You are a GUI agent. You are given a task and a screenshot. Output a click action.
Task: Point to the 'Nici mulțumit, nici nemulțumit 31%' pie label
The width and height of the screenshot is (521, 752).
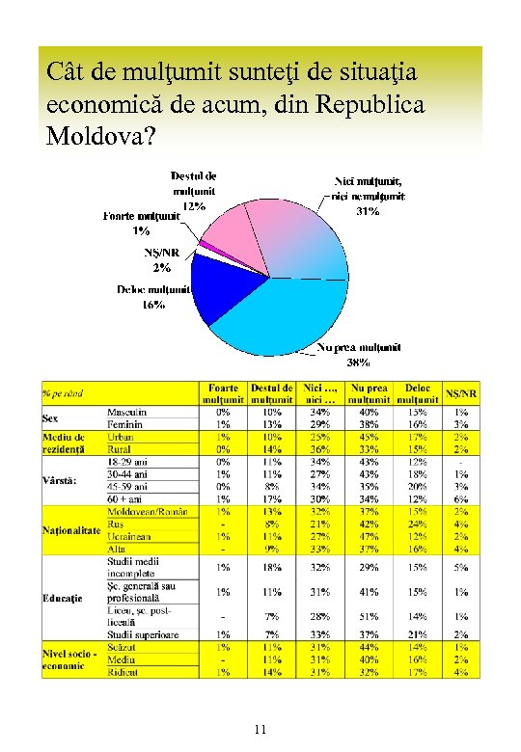(369, 195)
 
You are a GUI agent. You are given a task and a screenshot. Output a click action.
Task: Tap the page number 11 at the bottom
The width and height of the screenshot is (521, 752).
(260, 729)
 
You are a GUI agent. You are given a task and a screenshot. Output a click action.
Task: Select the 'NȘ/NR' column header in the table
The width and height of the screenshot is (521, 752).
(460, 393)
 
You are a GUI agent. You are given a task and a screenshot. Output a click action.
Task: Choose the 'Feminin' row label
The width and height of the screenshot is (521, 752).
(124, 424)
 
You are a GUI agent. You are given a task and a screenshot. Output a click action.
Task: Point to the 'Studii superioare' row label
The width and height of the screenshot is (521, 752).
(143, 634)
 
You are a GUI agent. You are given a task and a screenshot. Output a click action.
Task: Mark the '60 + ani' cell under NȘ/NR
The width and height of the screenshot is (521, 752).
(460, 498)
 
